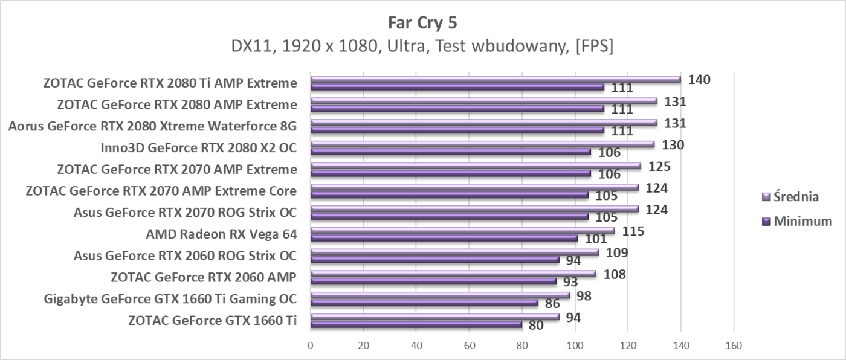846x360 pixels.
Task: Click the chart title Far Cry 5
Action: [x=423, y=24]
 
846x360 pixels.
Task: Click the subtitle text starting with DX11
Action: [x=422, y=47]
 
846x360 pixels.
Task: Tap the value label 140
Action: [x=700, y=80]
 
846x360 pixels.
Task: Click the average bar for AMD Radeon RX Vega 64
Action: [x=462, y=230]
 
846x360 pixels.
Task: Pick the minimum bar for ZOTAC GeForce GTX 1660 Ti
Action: [x=416, y=324]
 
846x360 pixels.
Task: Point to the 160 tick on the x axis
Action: [x=733, y=346]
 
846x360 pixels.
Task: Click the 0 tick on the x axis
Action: [x=311, y=346]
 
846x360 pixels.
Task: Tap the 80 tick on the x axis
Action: [x=522, y=346]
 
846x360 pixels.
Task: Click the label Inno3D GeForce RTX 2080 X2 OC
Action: [x=199, y=148]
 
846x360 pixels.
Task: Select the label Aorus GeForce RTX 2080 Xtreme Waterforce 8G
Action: [x=152, y=126]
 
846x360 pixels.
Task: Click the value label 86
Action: [x=552, y=304]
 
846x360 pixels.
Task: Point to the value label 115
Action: [x=634, y=231]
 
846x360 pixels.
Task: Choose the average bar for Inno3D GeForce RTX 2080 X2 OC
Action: [x=482, y=144]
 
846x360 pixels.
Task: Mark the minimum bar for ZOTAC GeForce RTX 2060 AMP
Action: [x=433, y=281]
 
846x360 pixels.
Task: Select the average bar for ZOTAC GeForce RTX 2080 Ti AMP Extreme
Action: [x=495, y=79]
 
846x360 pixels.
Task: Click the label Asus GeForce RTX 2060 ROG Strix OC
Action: [x=184, y=256]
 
